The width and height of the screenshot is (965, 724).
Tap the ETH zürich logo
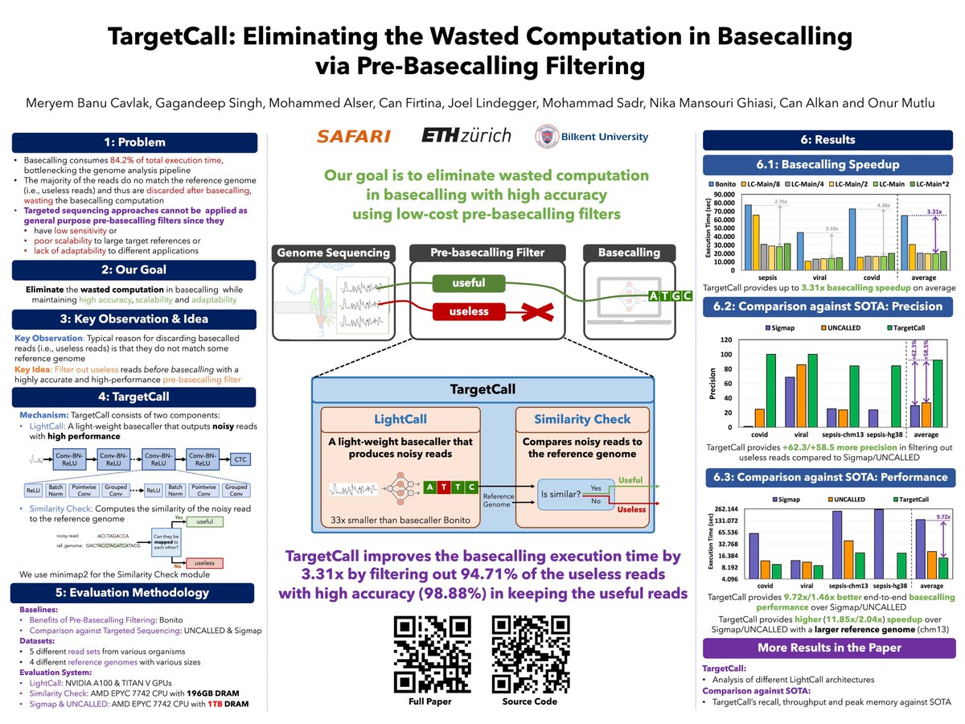pyautogui.click(x=466, y=135)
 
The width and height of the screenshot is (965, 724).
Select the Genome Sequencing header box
pyautogui.click(x=333, y=253)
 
